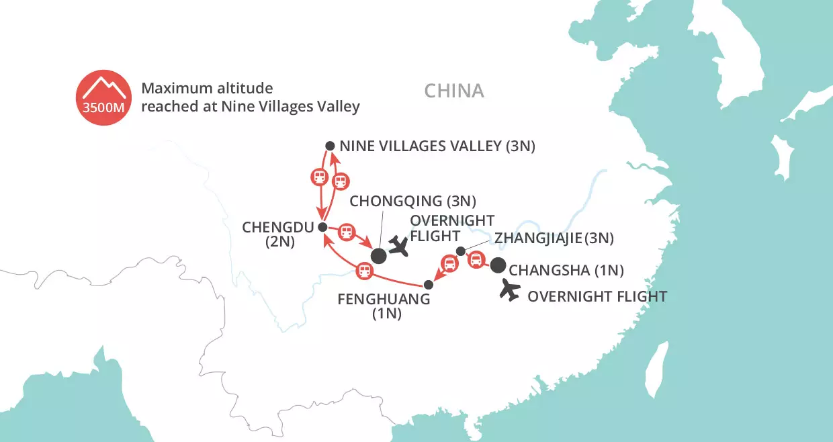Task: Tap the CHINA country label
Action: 454,91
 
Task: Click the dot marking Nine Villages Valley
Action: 330,146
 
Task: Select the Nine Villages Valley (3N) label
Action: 437,146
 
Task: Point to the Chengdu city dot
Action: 322,226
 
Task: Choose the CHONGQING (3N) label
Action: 413,200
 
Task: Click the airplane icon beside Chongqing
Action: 400,247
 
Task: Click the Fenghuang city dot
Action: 429,284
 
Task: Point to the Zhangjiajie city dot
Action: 460,251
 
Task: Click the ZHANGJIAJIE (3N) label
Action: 554,238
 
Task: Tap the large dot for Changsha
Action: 498,266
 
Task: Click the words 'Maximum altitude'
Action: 207,88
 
